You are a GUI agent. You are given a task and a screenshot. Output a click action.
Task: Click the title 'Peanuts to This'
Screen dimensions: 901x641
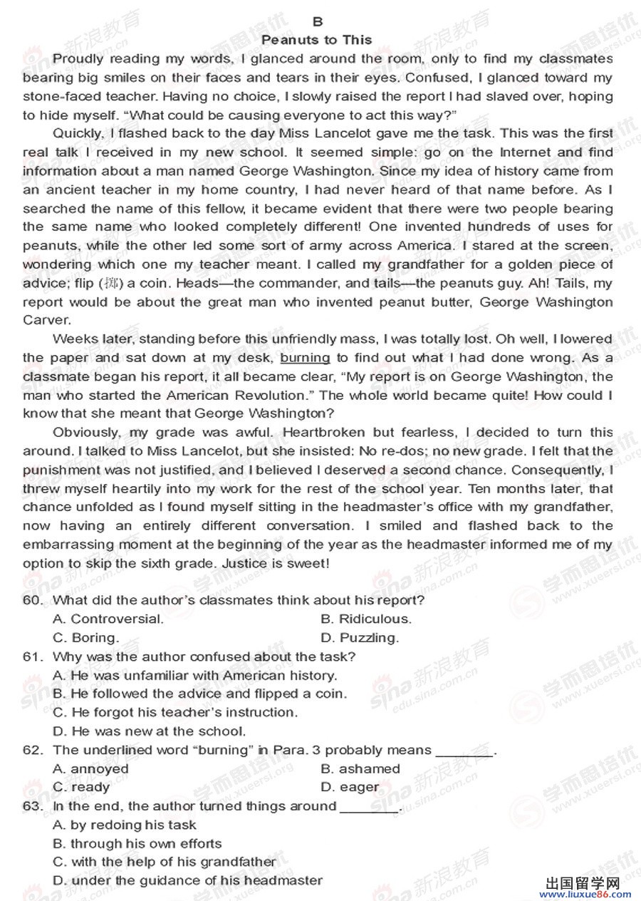317,40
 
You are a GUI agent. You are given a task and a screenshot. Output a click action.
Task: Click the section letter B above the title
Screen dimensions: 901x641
318,22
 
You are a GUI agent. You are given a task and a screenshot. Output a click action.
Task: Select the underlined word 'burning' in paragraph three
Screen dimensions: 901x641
305,358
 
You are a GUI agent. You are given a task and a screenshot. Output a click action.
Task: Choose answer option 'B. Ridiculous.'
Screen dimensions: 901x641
366,619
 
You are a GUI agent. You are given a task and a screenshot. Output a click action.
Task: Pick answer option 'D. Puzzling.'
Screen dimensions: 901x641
360,637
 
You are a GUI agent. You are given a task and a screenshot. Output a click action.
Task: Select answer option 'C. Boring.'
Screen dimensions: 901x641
86,637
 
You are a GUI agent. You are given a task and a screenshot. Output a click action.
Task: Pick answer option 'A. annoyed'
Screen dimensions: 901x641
91,768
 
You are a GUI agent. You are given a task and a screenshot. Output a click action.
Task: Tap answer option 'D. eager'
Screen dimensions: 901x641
350,787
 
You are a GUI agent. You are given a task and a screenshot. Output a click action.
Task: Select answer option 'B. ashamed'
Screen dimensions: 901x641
360,768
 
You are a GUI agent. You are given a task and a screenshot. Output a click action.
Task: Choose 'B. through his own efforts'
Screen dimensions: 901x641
137,843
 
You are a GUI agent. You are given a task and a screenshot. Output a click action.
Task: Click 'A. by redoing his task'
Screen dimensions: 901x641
125,825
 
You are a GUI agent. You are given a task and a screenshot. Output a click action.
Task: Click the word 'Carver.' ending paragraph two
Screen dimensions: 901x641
47,320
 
